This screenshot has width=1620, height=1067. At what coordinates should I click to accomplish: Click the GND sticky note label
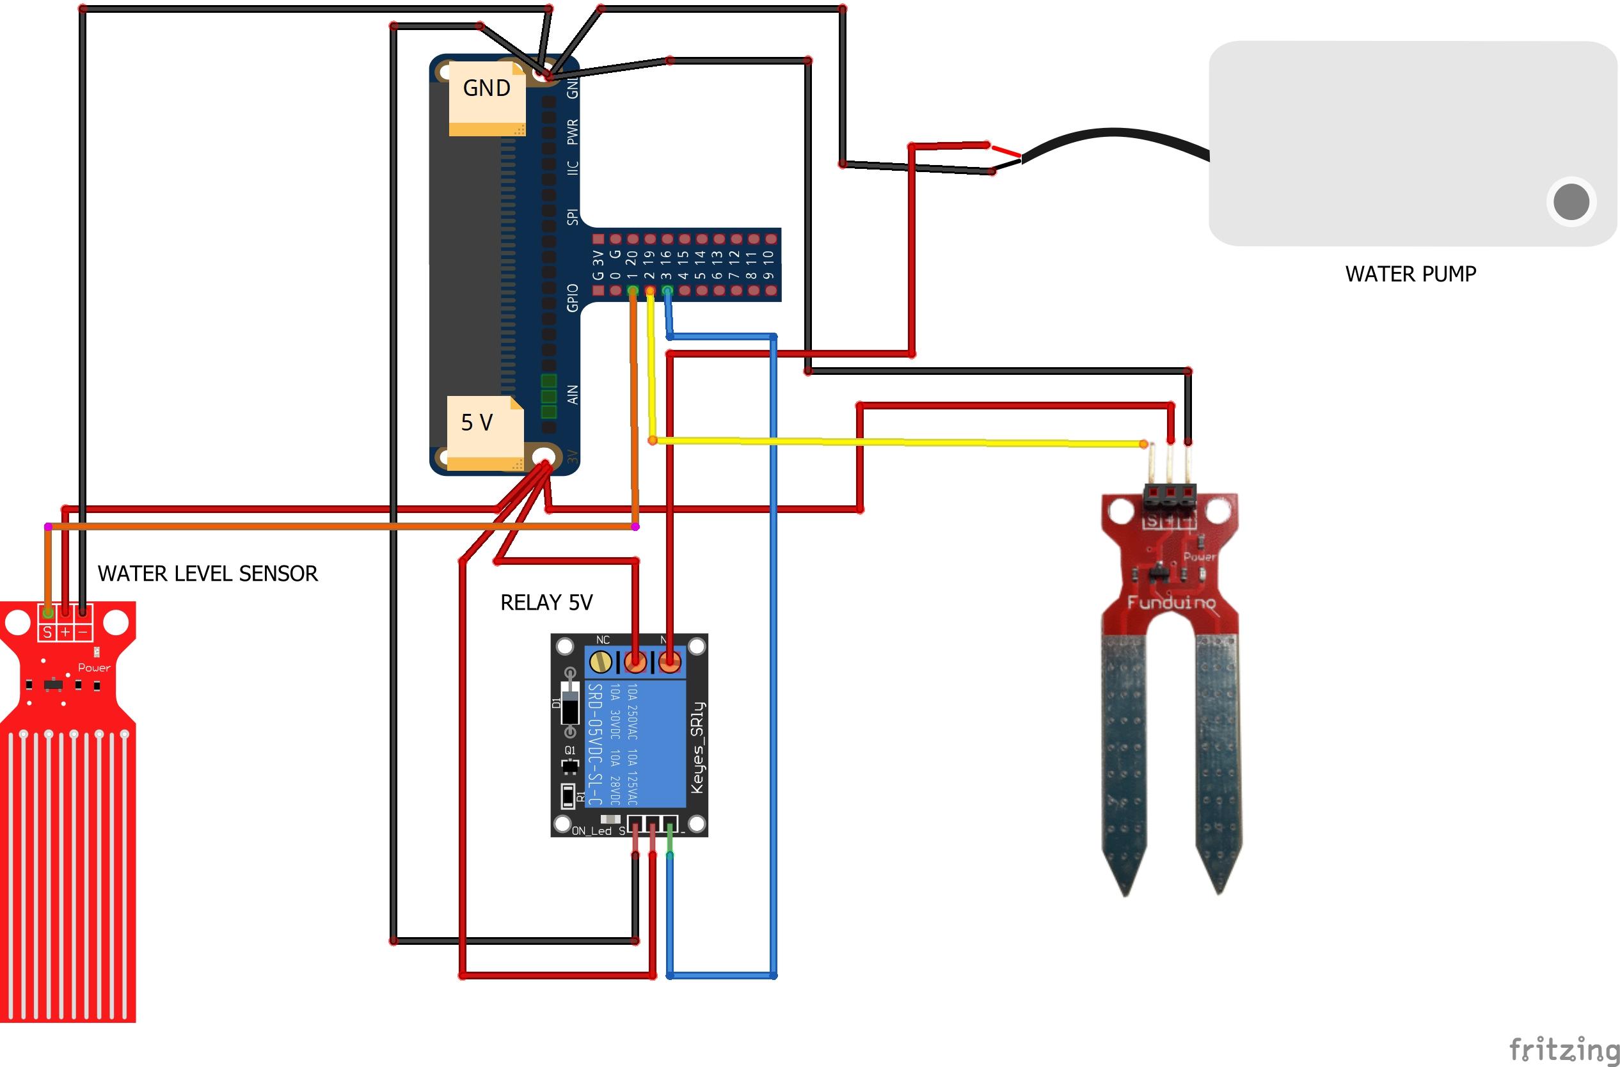click(x=486, y=88)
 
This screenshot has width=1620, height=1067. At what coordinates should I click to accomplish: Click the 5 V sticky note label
click(x=477, y=423)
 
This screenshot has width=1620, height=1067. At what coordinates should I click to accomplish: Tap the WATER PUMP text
click(x=1410, y=274)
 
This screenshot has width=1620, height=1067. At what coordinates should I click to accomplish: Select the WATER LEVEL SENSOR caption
click(x=207, y=574)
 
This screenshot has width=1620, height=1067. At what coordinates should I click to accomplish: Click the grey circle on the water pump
click(x=1571, y=202)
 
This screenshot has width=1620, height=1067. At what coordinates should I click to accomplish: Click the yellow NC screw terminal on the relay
click(x=600, y=661)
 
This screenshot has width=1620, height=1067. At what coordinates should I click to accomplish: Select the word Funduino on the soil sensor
click(x=1171, y=602)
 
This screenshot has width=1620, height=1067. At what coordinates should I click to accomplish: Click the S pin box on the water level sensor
click(x=47, y=632)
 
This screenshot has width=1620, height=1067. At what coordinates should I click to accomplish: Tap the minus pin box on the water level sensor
click(x=83, y=632)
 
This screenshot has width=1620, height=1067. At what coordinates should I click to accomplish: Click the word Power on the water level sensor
click(x=94, y=668)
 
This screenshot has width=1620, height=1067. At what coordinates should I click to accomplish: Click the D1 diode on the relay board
click(x=571, y=702)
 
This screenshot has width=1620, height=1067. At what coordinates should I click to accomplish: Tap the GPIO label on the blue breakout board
click(x=573, y=298)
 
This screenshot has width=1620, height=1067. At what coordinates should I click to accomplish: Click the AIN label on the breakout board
click(x=573, y=395)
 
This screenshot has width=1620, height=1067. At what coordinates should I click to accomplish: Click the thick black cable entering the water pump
click(x=1116, y=136)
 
